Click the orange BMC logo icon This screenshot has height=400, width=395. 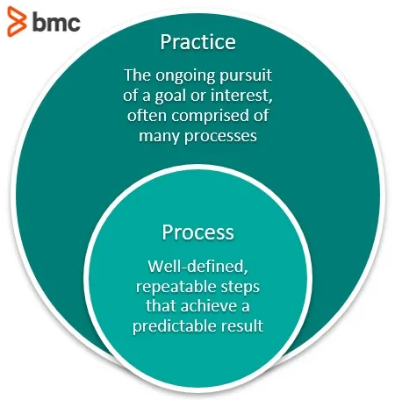coord(17,21)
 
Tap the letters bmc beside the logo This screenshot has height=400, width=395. coord(56,22)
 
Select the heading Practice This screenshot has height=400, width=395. coord(197,42)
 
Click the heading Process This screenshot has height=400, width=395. coord(197,232)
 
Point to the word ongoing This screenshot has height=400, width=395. coord(186,76)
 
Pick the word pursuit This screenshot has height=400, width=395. coord(246,76)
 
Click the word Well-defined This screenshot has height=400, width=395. coord(197,267)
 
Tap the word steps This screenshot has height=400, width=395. coord(241,288)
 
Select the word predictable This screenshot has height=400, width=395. coord(175,326)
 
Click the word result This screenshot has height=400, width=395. coord(242,325)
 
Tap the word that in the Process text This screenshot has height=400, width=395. coord(162,306)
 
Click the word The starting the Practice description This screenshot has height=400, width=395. coord(138,75)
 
